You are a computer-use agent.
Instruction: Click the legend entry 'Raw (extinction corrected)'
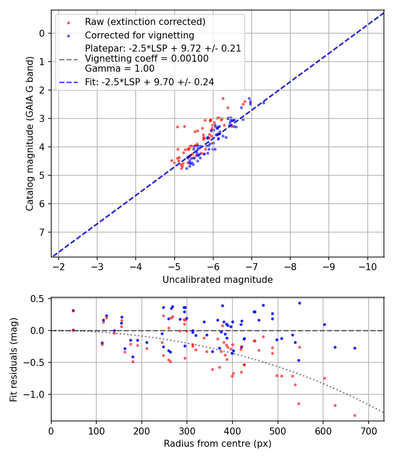point(145,22)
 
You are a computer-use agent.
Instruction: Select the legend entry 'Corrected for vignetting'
point(139,35)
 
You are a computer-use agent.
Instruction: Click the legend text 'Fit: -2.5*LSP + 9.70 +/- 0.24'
point(149,82)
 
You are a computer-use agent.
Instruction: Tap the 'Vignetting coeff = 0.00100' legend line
point(147,59)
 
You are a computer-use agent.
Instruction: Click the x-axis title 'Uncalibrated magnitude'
point(218,280)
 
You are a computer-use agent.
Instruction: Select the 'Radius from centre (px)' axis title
point(218,444)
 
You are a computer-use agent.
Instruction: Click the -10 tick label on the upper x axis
point(368,266)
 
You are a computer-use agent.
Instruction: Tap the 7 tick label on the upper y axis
point(42,232)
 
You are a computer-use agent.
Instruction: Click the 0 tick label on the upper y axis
point(42,33)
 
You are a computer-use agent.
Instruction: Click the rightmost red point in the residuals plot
point(355,415)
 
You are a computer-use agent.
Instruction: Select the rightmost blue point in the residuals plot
point(355,348)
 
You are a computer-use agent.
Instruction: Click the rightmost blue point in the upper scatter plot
point(264,102)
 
